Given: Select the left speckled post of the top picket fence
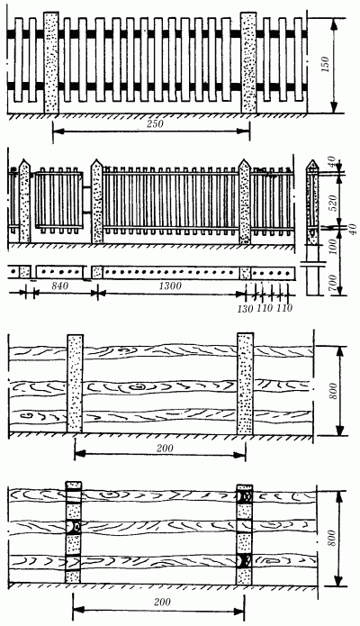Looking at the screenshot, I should coord(51,61).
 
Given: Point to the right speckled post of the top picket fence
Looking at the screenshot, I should coord(248,61).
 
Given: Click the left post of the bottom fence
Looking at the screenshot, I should coord(74,535).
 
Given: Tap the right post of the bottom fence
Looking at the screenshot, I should coord(244,535).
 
